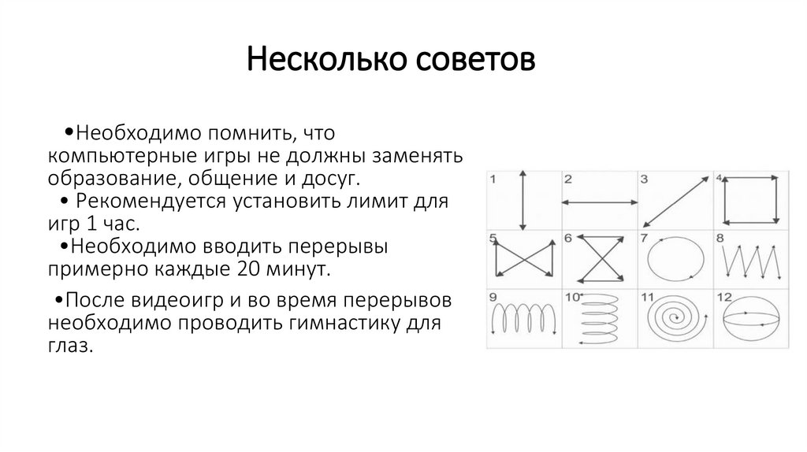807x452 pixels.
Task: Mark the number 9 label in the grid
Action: [493, 297]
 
